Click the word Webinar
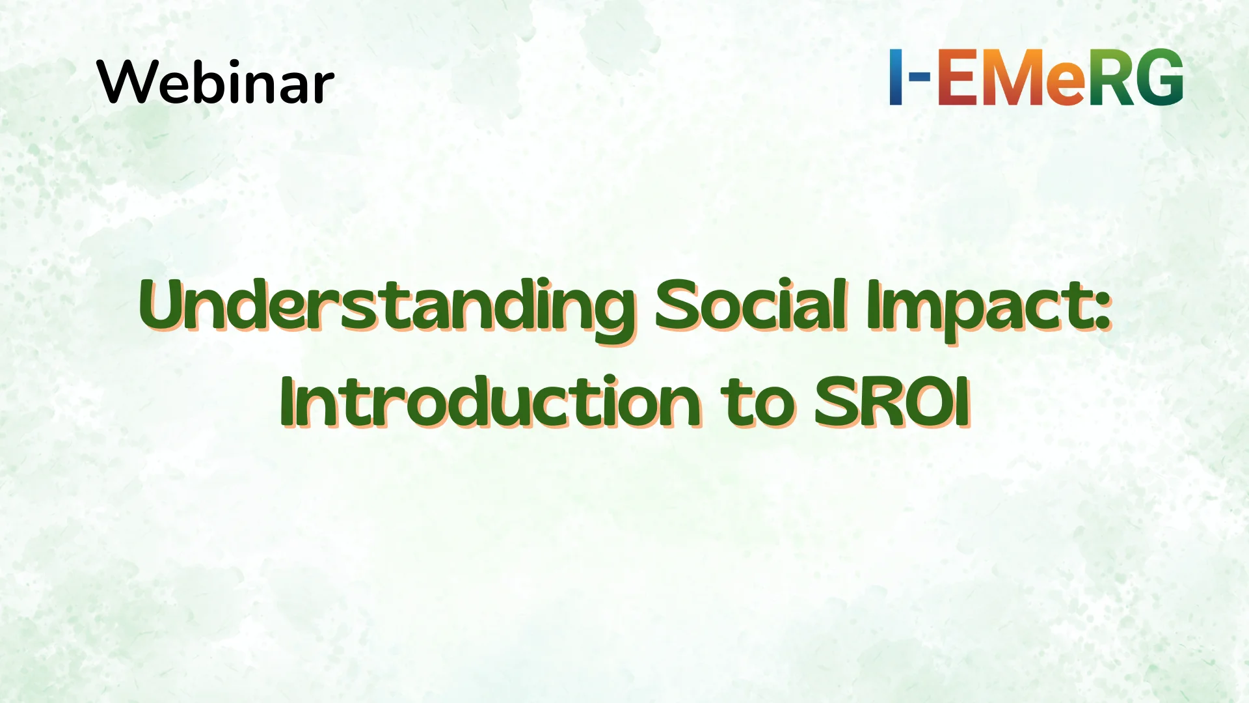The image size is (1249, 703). [x=215, y=82]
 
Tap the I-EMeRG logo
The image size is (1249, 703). [x=1036, y=77]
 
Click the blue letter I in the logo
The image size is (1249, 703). [x=896, y=77]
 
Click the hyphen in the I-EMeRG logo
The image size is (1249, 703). [x=918, y=76]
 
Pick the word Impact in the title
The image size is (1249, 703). [x=976, y=307]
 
